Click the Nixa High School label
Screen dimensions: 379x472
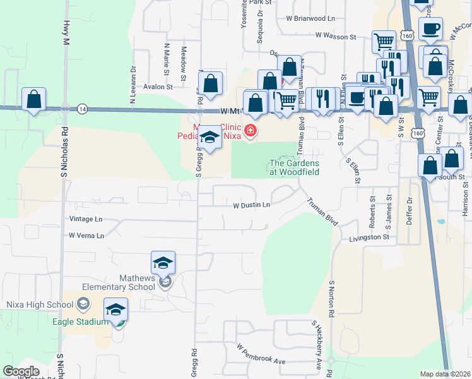[40, 304]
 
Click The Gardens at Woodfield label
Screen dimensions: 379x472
[294, 167]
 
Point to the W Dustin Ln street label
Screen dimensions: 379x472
[251, 205]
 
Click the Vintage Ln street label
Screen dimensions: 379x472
[85, 219]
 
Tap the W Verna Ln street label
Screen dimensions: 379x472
[86, 235]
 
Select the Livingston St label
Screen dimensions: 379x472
[369, 237]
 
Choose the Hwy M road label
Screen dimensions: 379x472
[66, 32]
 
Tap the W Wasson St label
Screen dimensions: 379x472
[336, 36]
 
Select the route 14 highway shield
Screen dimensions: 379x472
[82, 109]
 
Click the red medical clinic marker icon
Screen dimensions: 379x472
[251, 131]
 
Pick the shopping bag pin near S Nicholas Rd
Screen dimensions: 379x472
[33, 100]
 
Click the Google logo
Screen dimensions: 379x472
[21, 371]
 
